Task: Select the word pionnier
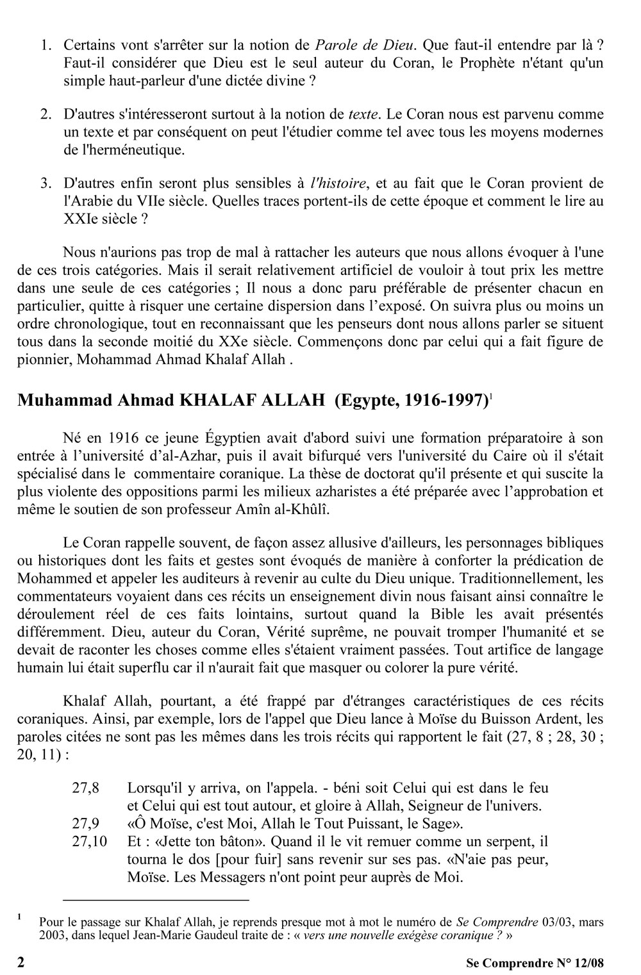pos(43,359)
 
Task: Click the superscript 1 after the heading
pos(490,396)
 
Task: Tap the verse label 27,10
pos(89,840)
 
